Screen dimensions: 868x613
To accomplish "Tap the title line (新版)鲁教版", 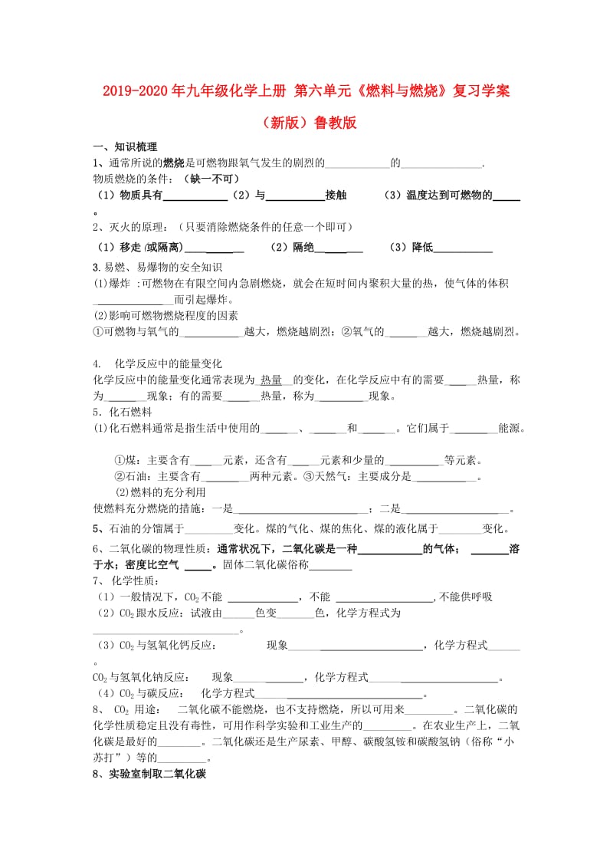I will pos(306,123).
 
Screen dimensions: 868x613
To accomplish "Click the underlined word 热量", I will pos(271,380).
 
